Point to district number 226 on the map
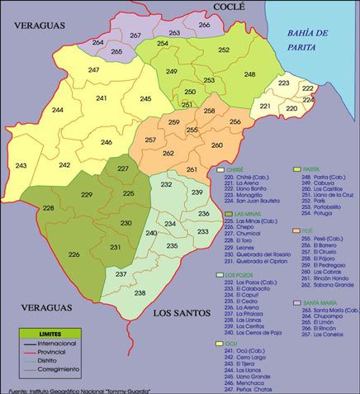[74, 254]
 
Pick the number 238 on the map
[140, 292]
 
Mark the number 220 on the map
[291, 109]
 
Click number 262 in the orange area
[168, 153]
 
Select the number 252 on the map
[224, 50]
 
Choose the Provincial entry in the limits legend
[66, 351]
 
